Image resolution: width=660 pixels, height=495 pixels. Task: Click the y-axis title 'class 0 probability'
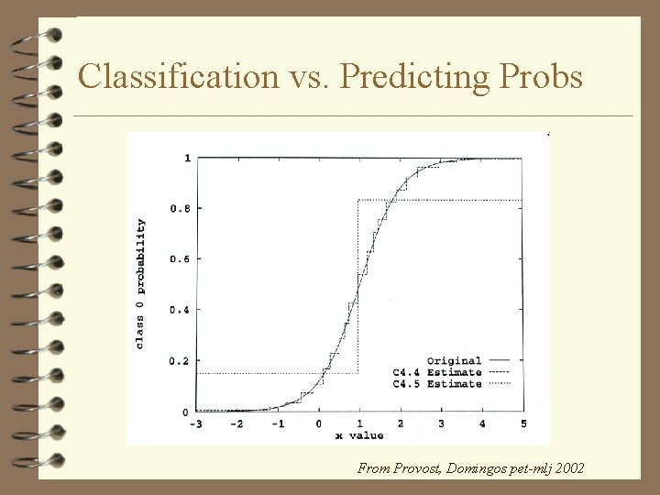click(x=141, y=283)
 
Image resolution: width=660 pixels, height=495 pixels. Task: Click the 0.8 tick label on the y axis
click(x=180, y=208)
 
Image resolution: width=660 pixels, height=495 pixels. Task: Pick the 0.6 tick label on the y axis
click(x=180, y=259)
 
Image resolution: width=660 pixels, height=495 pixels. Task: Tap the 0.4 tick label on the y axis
click(x=180, y=310)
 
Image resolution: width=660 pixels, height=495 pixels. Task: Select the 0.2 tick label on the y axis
click(x=180, y=361)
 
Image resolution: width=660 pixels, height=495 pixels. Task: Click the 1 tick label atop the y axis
click(x=187, y=158)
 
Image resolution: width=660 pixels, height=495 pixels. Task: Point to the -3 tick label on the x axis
click(x=196, y=423)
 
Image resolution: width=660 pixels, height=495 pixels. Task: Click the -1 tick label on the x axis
click(x=277, y=423)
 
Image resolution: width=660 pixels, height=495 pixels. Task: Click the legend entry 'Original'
click(x=454, y=360)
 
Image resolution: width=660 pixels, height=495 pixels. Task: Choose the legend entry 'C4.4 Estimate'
click(x=437, y=372)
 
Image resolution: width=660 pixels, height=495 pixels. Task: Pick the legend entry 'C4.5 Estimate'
click(x=437, y=384)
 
